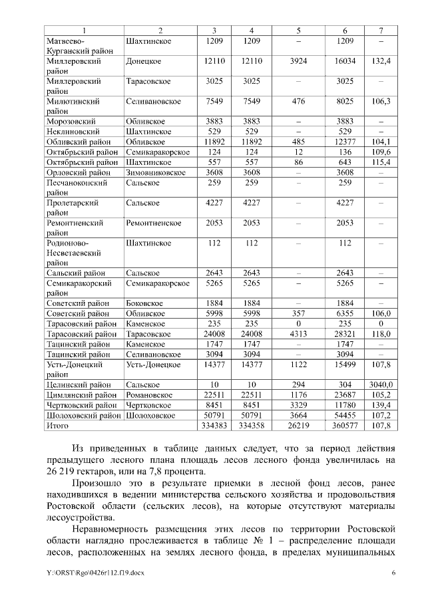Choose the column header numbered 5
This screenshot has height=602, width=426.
click(298, 31)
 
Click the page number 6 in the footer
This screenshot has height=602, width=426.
click(393, 573)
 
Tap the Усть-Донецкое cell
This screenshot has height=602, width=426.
click(148, 365)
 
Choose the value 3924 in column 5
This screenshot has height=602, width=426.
click(298, 61)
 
